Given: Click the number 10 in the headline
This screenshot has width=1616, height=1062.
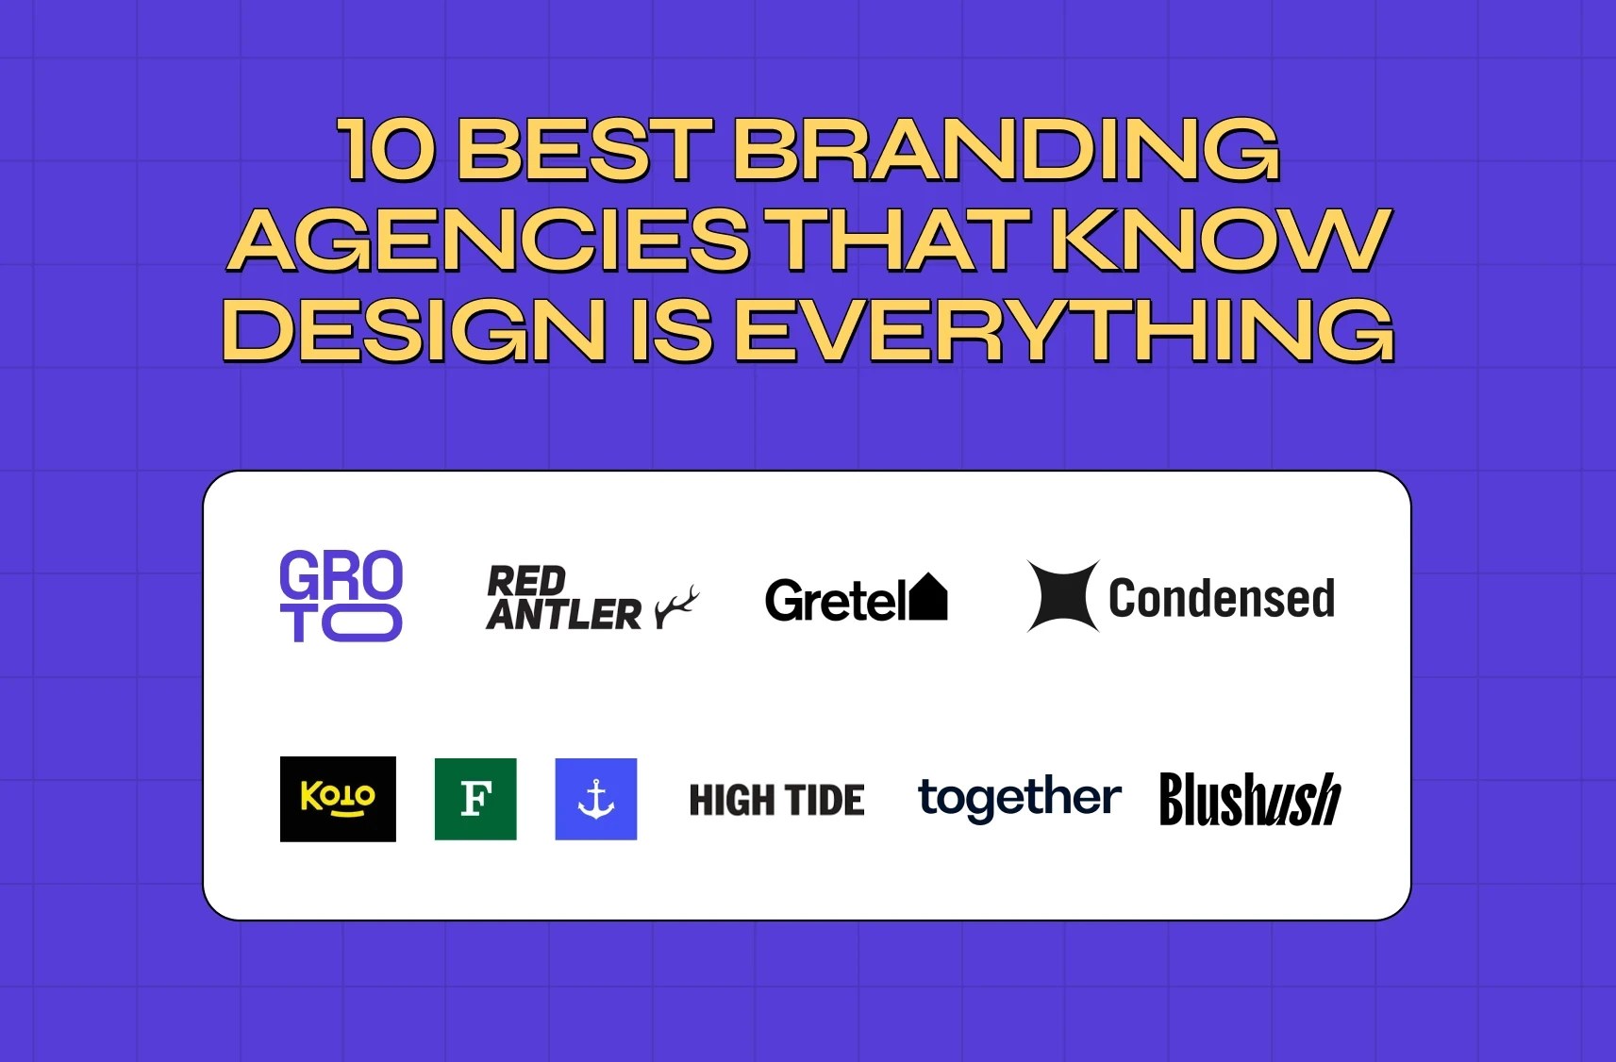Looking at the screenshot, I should [387, 150].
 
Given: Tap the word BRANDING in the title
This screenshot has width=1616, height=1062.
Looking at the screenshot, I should [1006, 150].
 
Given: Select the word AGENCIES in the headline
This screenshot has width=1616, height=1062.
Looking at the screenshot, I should [490, 241].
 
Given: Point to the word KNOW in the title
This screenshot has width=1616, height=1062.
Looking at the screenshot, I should [1221, 241].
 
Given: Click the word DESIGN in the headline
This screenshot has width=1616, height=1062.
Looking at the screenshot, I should [414, 331].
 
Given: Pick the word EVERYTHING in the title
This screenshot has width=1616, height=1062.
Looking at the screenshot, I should [1063, 331].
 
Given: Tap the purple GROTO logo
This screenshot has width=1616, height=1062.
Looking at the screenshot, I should [342, 596].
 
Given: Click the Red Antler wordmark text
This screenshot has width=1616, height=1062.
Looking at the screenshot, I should [563, 598].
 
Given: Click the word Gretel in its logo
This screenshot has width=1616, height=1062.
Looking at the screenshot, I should [834, 601].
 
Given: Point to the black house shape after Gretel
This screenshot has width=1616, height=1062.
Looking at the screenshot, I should [927, 597].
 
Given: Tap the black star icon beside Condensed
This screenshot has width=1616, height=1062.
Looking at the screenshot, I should [1063, 596].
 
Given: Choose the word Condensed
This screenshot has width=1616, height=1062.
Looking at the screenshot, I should [1221, 599].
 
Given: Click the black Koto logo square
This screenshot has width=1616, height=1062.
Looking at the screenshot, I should [338, 799].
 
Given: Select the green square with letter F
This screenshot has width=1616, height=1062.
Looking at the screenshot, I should [475, 799].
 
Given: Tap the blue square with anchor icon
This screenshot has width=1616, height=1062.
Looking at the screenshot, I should [596, 799].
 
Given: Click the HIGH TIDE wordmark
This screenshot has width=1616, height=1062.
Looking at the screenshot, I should [776, 801].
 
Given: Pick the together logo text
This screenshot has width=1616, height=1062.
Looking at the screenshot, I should [1019, 799].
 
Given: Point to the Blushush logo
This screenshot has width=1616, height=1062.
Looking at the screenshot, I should [1249, 800].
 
